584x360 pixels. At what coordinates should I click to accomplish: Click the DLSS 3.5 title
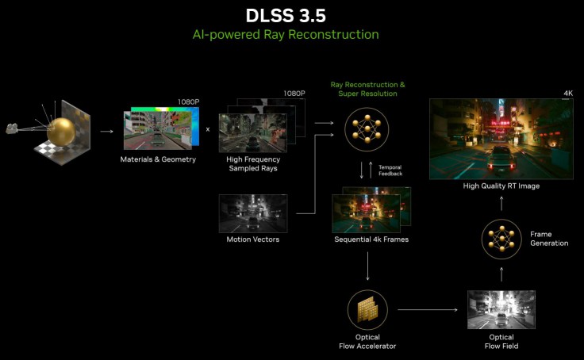pos(286,16)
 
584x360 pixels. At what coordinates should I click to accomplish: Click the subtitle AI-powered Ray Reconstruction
pos(286,35)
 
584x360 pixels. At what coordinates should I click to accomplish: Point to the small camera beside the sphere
pos(12,128)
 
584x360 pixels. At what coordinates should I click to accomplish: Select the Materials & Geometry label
pos(158,159)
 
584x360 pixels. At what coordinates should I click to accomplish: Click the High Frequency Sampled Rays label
pos(253,164)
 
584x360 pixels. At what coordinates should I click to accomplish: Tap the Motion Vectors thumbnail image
pos(253,213)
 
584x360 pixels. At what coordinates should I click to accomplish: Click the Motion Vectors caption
pos(253,239)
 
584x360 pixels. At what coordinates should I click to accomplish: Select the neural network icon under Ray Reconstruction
pos(367,129)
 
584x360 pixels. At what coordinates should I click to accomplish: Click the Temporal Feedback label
pos(390,170)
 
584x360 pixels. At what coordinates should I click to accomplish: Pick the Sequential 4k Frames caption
pos(371,239)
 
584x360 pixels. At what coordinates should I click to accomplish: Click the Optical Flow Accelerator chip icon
pos(367,310)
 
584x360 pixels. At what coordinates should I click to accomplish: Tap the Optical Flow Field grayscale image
pos(501,310)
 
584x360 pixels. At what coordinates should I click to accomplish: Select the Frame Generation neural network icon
pos(501,239)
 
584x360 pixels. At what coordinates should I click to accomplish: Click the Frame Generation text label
pos(549,239)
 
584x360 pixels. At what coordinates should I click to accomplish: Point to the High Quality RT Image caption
pos(501,186)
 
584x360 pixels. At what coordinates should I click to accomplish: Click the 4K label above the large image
pos(568,93)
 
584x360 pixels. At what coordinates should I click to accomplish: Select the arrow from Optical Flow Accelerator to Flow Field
pos(428,310)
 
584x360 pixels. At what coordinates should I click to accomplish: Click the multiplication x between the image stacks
pos(208,129)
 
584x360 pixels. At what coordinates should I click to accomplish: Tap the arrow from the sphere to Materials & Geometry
pos(106,131)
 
